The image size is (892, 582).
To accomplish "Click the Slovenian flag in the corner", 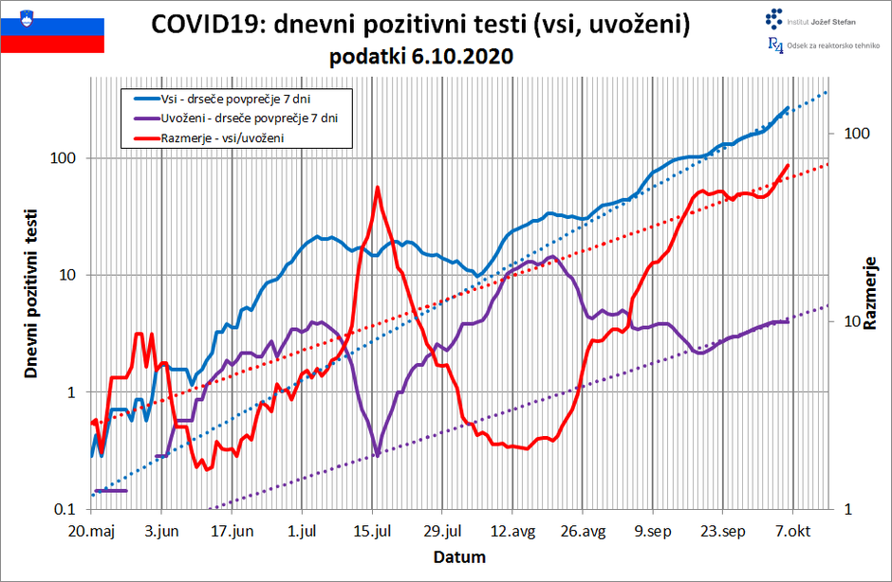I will point(52,29).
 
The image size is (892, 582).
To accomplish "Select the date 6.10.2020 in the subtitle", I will point(463,57).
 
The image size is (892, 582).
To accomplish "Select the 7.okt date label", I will point(790,531).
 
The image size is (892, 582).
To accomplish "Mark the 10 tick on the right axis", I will point(846,322).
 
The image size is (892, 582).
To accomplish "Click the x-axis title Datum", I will point(460,556).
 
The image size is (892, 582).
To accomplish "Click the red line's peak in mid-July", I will point(378,188).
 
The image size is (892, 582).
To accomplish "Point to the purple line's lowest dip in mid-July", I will point(378,456).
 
